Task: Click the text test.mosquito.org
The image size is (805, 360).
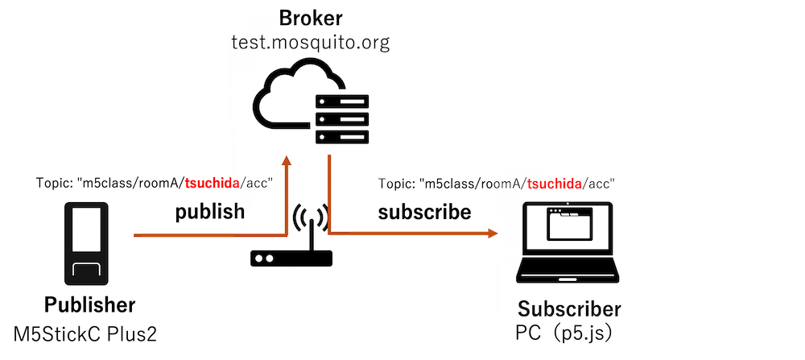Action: (x=311, y=43)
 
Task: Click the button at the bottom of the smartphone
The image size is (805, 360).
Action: (x=85, y=271)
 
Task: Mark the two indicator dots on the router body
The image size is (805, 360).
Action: (x=265, y=259)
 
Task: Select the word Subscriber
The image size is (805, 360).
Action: (x=569, y=309)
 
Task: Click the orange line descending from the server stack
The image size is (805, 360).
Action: (x=330, y=193)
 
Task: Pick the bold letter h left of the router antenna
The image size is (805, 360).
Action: (x=238, y=211)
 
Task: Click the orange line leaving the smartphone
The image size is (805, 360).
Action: (x=185, y=236)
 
